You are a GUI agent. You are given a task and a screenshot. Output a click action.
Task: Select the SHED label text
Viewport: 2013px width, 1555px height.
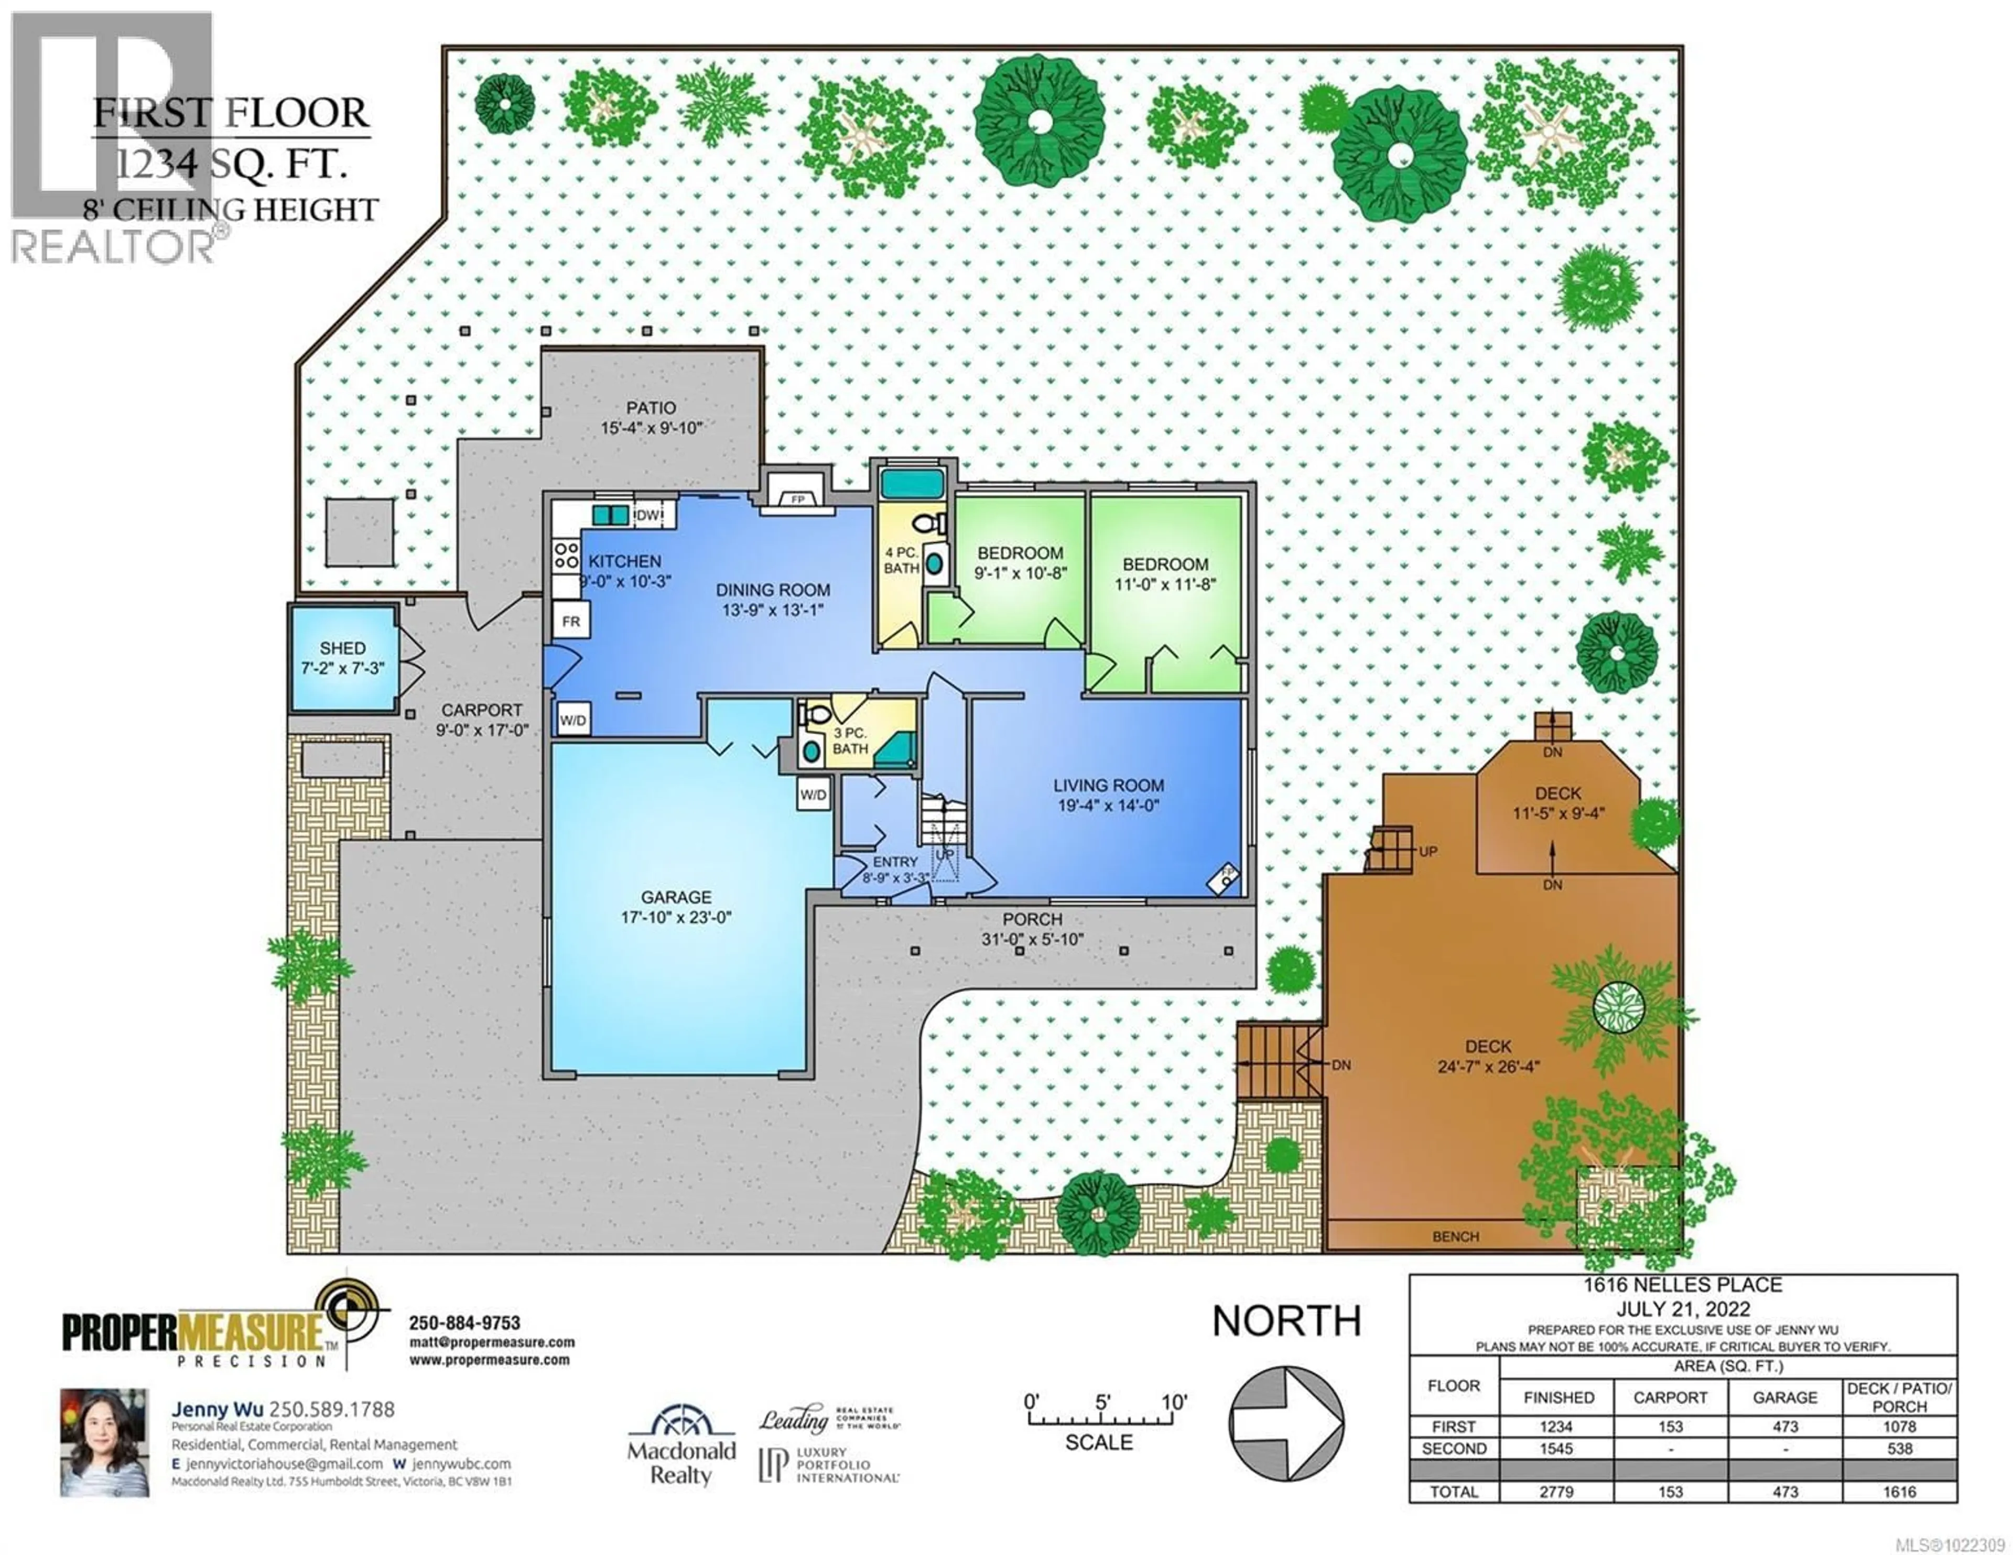click(x=343, y=648)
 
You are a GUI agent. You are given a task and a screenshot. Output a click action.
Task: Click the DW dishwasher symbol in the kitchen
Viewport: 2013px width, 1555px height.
click(x=648, y=515)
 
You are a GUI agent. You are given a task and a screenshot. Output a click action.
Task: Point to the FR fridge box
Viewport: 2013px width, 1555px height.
click(x=570, y=621)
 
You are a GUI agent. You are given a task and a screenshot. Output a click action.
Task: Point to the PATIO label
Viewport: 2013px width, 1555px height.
click(x=651, y=407)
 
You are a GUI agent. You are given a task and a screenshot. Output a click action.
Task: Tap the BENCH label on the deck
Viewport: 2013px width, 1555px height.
click(x=1455, y=1236)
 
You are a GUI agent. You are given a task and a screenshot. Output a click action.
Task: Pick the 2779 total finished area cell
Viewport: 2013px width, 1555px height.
click(x=1557, y=1492)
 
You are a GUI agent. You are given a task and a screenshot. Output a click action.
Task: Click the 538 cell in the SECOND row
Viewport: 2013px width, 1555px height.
click(x=1900, y=1448)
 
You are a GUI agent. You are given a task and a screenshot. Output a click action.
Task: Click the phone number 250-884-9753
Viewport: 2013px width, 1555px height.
click(x=464, y=1323)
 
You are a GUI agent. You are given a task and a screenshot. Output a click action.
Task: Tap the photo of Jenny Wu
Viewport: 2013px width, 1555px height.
click(x=104, y=1442)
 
